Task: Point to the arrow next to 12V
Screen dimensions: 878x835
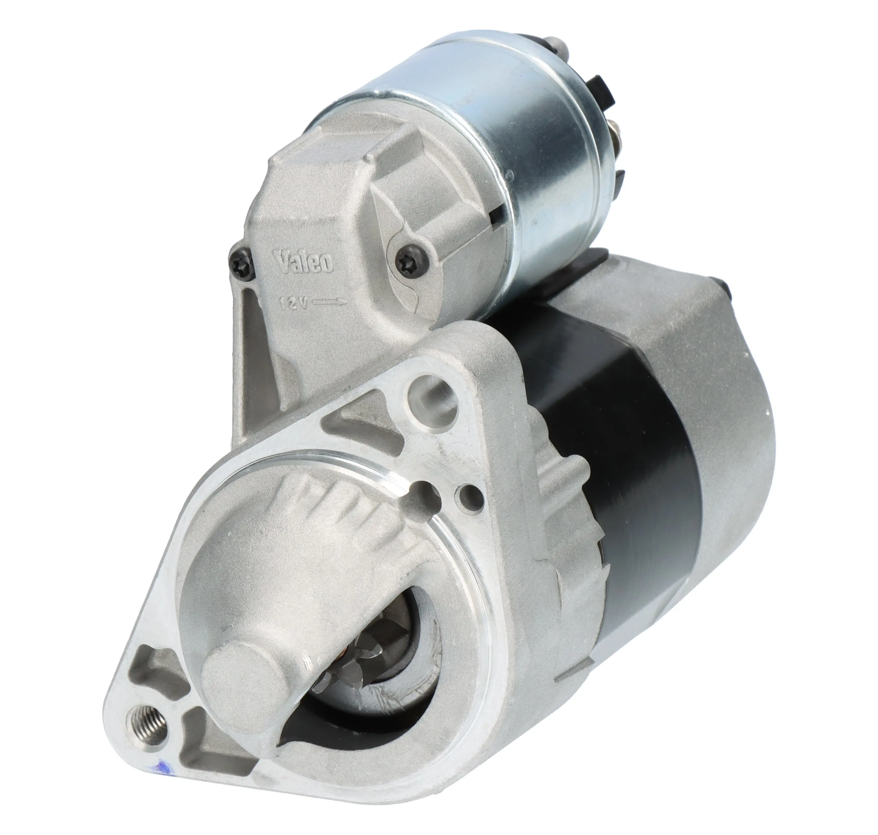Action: click(x=330, y=302)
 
